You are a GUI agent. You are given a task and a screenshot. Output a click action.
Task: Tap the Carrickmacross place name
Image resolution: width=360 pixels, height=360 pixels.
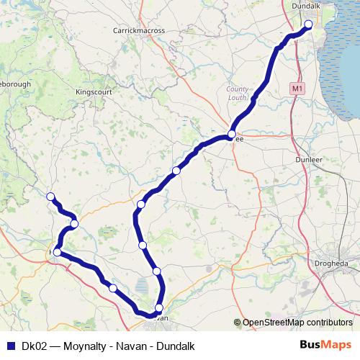point(139,31)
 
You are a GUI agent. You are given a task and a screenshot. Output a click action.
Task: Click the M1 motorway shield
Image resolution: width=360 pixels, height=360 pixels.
point(297,88)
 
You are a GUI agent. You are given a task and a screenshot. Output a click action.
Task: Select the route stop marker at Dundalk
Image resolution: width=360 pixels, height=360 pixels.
point(308,24)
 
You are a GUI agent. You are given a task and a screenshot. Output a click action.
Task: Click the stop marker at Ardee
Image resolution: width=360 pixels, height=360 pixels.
point(232,134)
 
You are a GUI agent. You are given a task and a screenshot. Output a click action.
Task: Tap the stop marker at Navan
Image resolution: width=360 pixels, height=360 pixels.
point(159,307)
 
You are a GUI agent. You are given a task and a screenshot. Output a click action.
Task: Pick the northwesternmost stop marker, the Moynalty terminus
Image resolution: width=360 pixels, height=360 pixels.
point(50,197)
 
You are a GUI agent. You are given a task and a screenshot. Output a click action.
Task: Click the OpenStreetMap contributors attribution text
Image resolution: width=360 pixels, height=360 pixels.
point(298,323)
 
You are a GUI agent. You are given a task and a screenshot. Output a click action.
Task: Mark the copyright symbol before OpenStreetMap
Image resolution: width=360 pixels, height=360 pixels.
point(238,323)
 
